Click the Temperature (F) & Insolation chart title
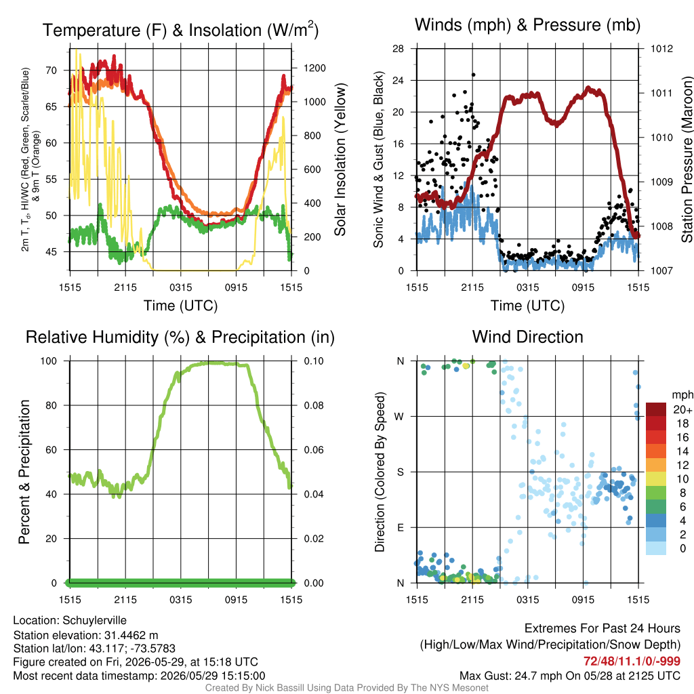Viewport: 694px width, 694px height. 180,30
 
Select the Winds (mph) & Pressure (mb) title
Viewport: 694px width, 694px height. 527,25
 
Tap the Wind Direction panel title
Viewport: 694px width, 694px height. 527,337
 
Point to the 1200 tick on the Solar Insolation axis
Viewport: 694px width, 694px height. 314,68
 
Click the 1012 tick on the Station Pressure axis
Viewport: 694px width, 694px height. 661,49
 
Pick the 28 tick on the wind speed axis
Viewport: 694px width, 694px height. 398,49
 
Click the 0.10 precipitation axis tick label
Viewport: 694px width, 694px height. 314,361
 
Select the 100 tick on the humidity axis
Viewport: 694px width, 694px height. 49,361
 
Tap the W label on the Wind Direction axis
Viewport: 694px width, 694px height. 399,417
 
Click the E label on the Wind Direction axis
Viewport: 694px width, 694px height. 400,527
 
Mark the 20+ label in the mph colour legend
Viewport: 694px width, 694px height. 682,410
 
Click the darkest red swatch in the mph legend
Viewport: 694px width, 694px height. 656,409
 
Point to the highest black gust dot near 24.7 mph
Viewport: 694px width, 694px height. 473,75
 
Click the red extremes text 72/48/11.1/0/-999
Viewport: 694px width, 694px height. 632,661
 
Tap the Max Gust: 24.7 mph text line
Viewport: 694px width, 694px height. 569,676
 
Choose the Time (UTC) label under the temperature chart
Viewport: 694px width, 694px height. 180,306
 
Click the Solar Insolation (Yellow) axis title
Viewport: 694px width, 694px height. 340,160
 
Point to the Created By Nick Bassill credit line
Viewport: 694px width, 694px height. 346,688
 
